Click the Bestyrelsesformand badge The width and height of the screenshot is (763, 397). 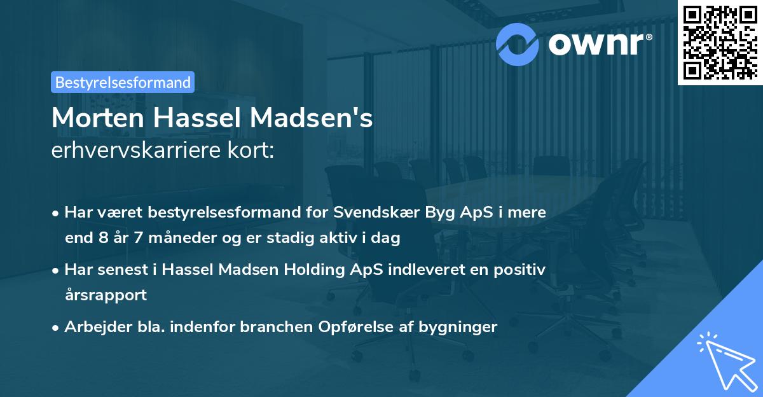123,82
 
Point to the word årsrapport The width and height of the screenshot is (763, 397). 106,295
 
